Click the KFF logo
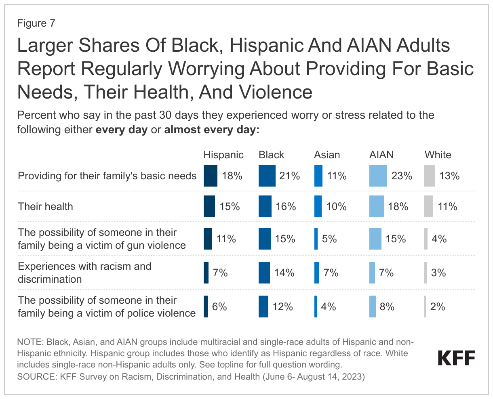[456, 358]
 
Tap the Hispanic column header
[223, 155]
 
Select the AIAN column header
[381, 155]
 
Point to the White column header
[438, 155]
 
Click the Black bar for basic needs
[267, 176]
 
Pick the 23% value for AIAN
[402, 176]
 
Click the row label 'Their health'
[46, 206]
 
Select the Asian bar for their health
[318, 206]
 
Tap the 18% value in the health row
[398, 206]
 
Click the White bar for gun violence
[426, 239]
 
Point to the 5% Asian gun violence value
[329, 239]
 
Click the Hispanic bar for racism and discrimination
[206, 273]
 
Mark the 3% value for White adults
[438, 273]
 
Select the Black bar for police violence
[263, 307]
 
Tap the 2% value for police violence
[437, 307]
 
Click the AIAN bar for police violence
[372, 307]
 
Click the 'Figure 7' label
[36, 23]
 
